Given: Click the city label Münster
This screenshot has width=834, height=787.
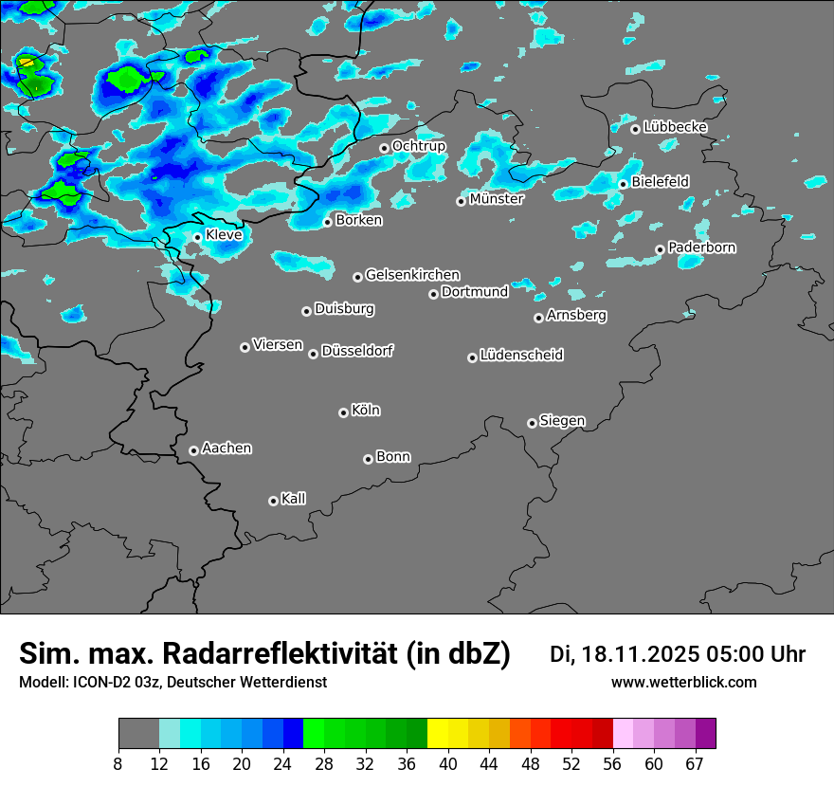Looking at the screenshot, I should click(496, 199).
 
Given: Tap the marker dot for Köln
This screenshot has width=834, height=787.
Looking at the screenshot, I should click(343, 412).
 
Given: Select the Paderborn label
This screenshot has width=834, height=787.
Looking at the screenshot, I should click(701, 247).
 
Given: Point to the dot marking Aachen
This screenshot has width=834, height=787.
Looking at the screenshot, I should click(193, 450).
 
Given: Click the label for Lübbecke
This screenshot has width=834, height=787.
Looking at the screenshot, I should click(675, 127).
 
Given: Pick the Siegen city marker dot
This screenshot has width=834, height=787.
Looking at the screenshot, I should click(532, 423).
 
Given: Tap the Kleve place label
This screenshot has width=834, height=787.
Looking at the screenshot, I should click(224, 235).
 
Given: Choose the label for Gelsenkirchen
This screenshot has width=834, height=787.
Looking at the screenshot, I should click(412, 275).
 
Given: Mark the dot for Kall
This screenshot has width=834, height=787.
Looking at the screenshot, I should click(273, 501).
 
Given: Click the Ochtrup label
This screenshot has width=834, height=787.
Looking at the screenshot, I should click(418, 146).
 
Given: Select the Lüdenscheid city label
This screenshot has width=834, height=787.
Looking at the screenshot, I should click(521, 356).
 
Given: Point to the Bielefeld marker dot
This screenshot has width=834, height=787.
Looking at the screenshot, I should click(623, 184).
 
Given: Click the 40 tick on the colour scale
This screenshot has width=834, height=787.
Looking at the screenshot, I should click(448, 764).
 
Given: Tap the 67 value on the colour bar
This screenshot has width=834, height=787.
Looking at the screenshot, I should click(694, 764).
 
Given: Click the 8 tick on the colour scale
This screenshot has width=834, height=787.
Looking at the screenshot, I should click(118, 764).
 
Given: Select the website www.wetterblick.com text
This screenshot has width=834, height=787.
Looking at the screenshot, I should click(683, 683).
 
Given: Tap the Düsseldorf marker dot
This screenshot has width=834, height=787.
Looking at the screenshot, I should click(313, 354).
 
